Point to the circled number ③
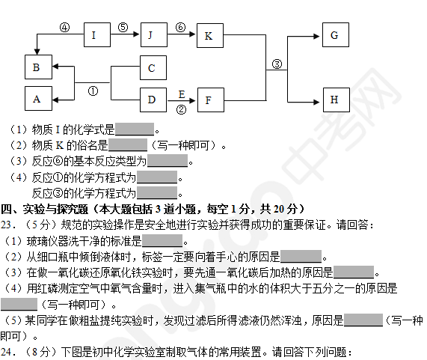click(x=277, y=64)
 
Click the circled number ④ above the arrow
click(x=64, y=27)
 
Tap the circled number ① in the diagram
click(x=93, y=91)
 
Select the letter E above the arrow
click(x=182, y=94)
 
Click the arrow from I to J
click(x=125, y=34)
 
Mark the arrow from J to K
click(x=182, y=34)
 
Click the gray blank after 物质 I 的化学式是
click(x=135, y=129)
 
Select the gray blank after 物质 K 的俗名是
click(x=128, y=145)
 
